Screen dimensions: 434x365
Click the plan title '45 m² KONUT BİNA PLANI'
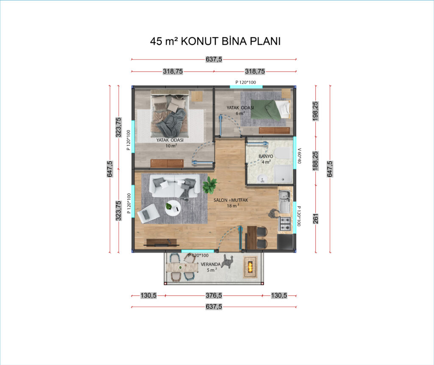(x=215, y=41)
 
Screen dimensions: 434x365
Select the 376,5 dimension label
(x=214, y=295)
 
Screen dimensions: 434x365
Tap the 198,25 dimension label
(x=315, y=111)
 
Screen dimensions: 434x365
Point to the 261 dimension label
(x=315, y=218)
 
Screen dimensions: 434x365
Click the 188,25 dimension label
(x=315, y=161)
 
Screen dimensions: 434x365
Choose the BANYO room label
(x=266, y=156)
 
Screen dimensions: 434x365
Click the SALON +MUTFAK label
(x=231, y=200)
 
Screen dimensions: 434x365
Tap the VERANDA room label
(x=211, y=264)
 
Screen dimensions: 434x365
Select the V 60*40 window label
(x=299, y=156)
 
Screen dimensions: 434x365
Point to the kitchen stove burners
(x=285, y=224)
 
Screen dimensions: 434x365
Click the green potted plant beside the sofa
(x=209, y=185)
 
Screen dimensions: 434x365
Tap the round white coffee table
(x=173, y=208)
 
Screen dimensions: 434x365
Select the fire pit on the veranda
(x=250, y=267)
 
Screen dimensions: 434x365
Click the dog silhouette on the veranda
(x=228, y=262)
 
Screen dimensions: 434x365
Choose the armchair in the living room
(x=148, y=213)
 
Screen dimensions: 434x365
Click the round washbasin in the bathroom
(x=262, y=178)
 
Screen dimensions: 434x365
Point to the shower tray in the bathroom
(x=284, y=174)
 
